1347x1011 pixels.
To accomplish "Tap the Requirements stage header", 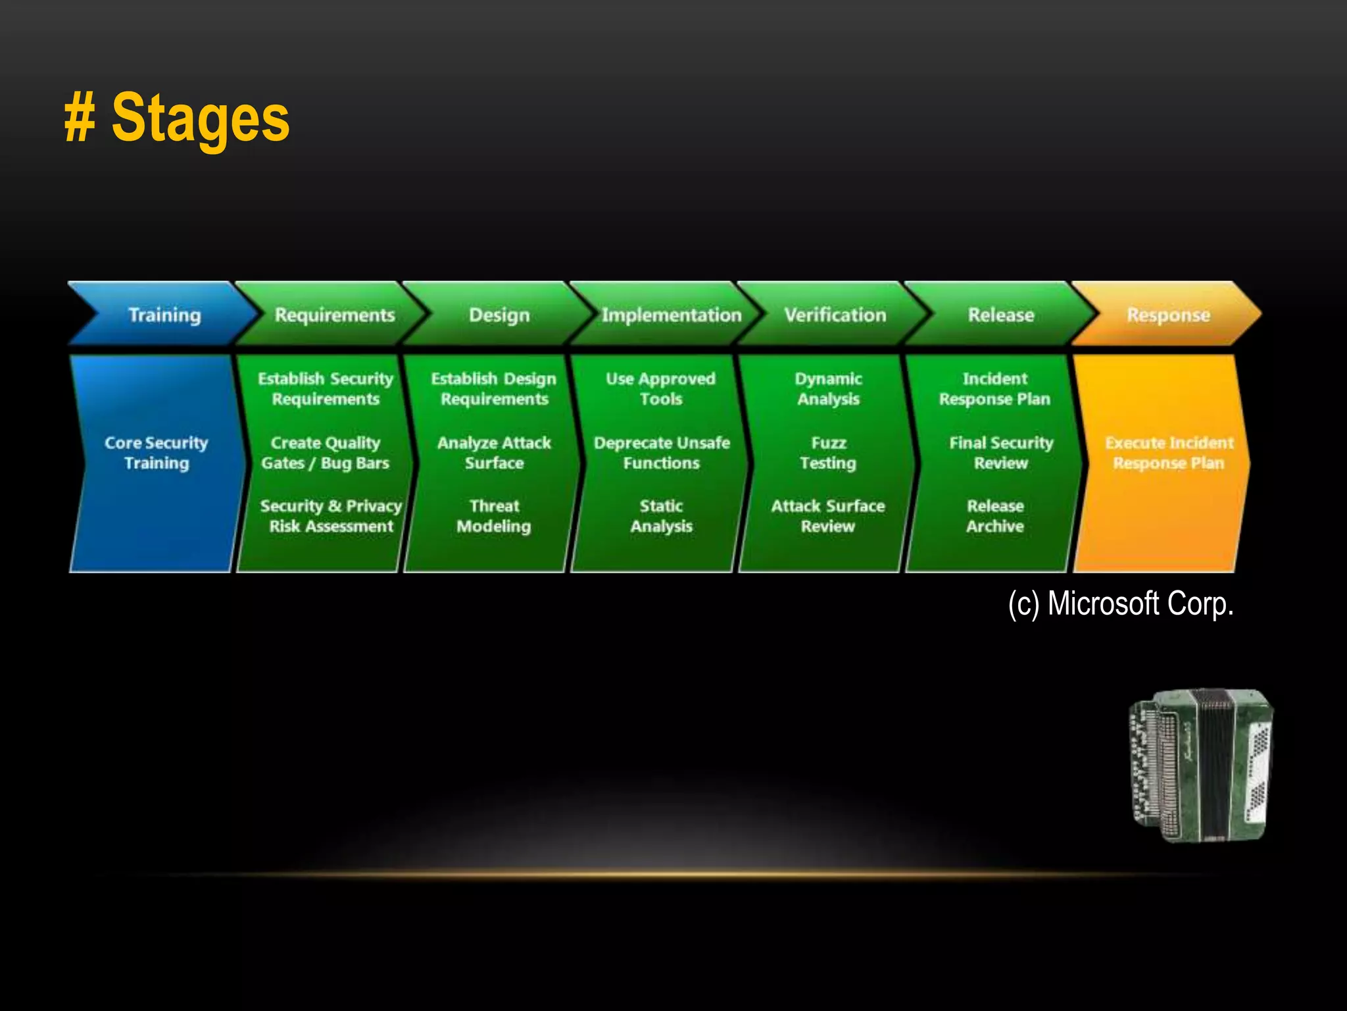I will click(x=334, y=315).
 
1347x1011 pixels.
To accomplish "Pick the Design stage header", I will click(x=499, y=315).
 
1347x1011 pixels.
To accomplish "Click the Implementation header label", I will click(x=672, y=315).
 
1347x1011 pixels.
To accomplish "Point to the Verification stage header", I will click(x=835, y=315).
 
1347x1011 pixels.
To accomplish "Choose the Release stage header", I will click(x=1001, y=315).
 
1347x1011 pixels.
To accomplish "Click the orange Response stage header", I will click(x=1168, y=315).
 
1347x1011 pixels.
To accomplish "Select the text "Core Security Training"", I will click(x=157, y=453).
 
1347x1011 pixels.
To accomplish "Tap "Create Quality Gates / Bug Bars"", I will click(x=326, y=453).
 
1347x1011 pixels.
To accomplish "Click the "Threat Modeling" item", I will click(x=494, y=516).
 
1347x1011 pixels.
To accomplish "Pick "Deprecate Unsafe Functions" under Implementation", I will click(x=662, y=453).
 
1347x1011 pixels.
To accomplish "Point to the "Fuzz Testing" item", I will click(x=828, y=453).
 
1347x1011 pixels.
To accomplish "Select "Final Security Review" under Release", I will click(x=1001, y=453).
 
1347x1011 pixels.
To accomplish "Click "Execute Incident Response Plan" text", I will click(x=1169, y=453).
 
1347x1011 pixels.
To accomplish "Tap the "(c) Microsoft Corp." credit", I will click(x=1121, y=604).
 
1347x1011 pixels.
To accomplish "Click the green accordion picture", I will click(x=1202, y=765).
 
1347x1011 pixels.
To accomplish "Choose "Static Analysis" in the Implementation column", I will click(x=662, y=516).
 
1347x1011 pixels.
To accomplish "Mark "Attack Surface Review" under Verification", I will click(x=828, y=516).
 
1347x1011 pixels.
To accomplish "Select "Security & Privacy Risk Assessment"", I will click(x=331, y=516).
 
